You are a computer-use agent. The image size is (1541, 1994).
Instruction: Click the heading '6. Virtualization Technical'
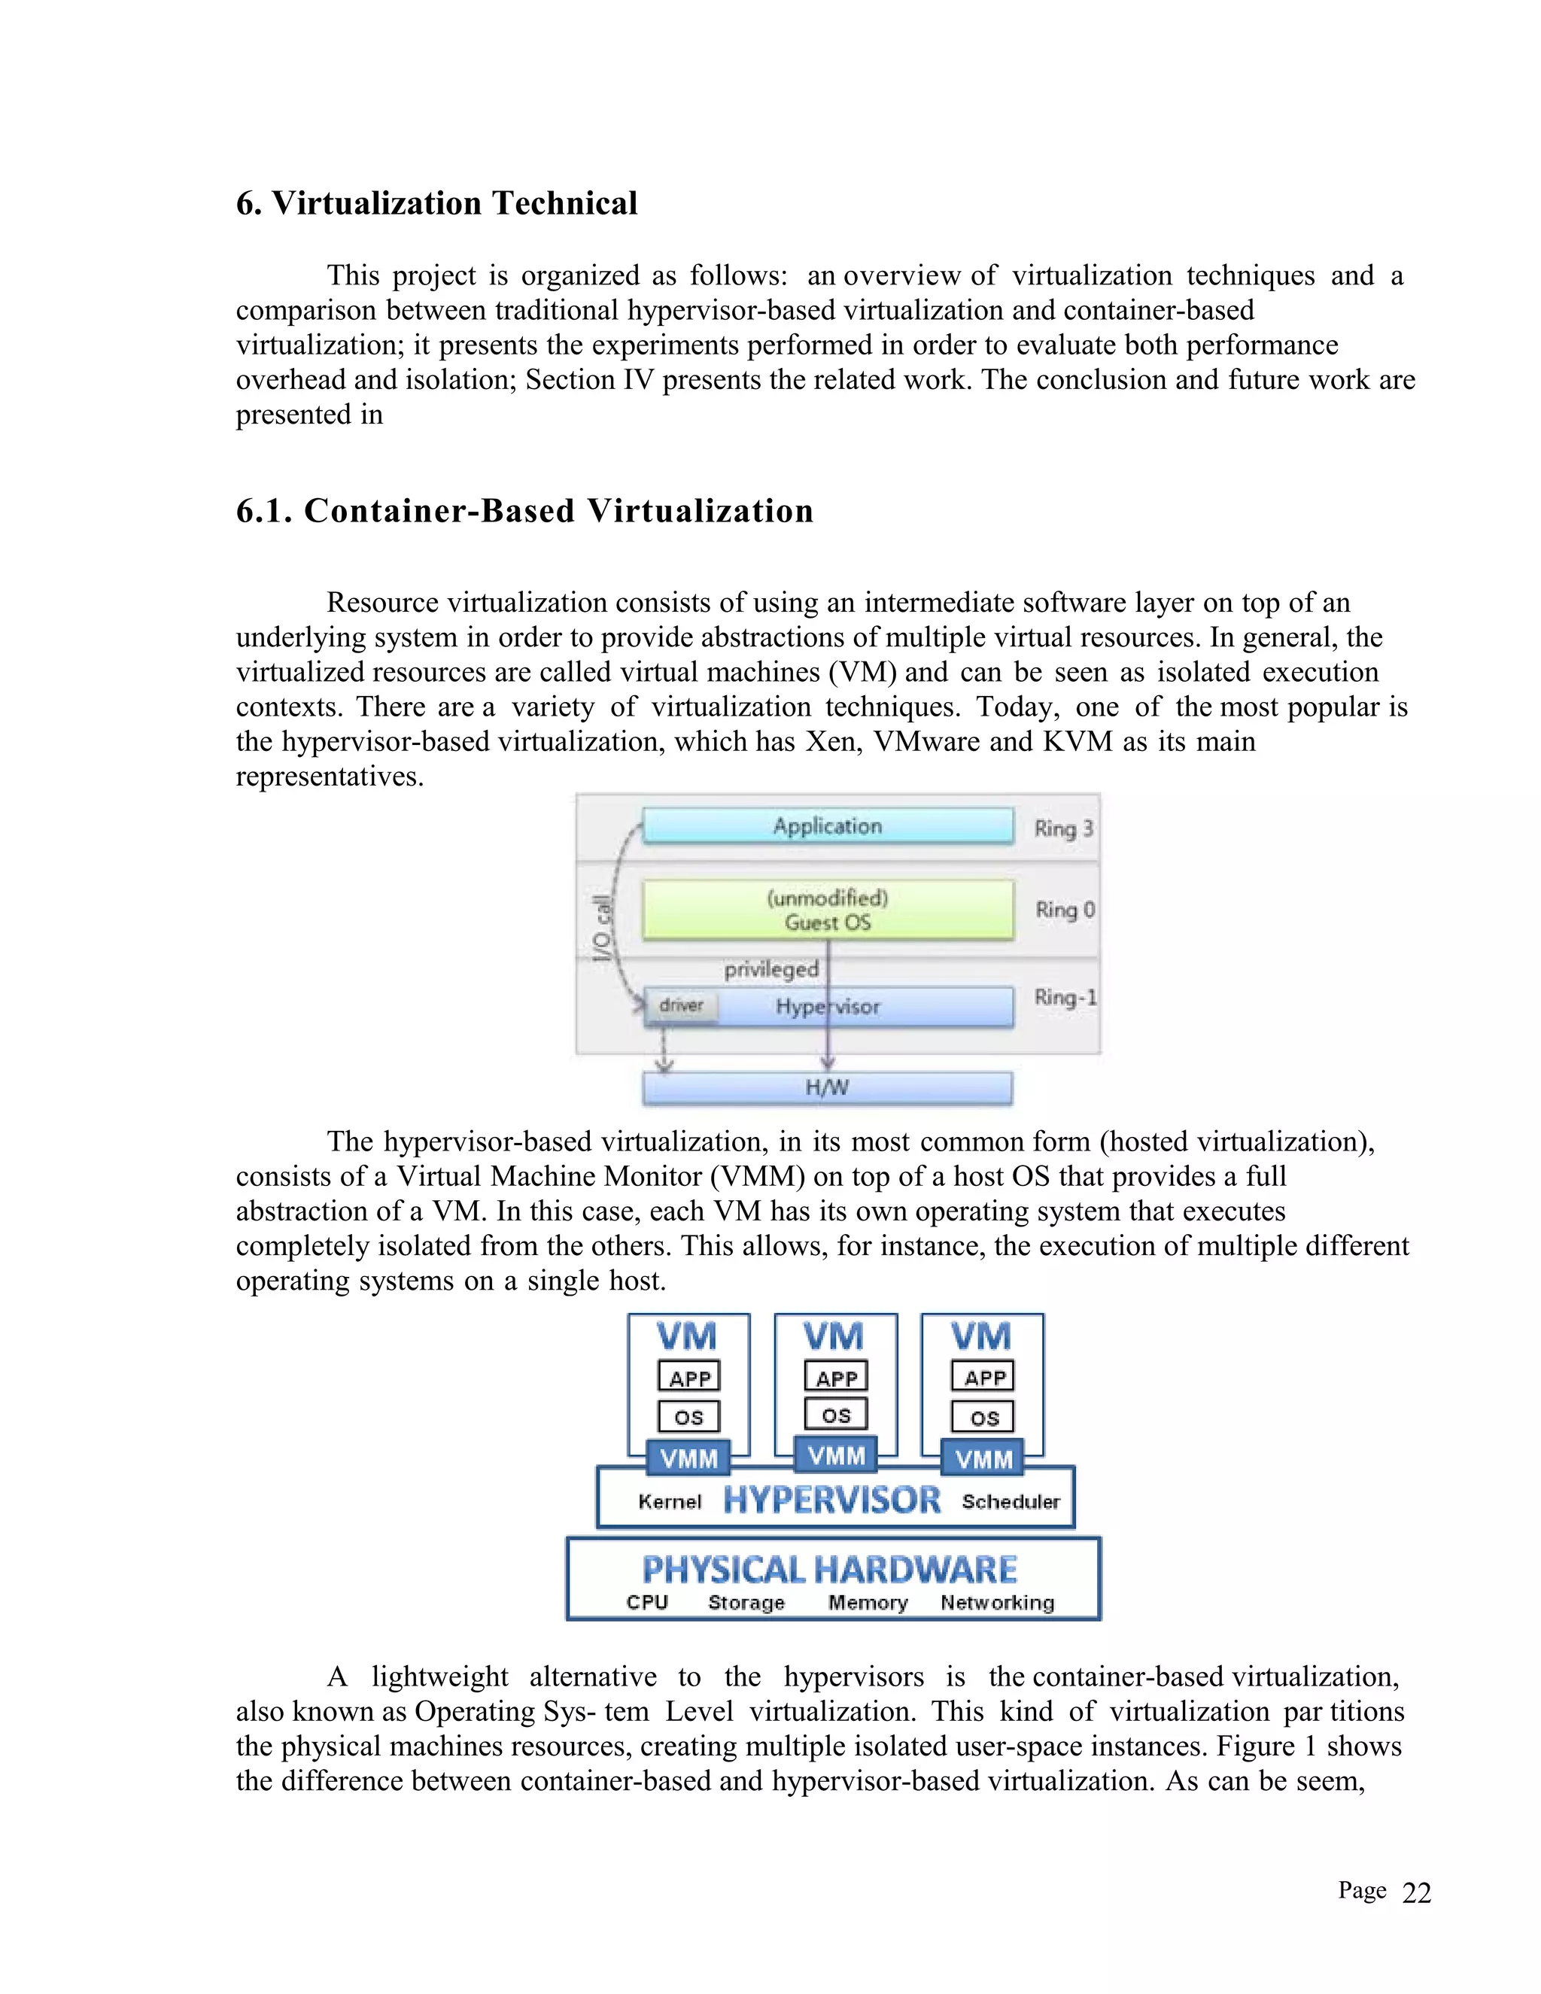coord(436,202)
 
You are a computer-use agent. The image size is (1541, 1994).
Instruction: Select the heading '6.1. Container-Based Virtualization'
coord(524,510)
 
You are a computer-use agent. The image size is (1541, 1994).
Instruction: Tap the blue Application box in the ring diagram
coord(827,825)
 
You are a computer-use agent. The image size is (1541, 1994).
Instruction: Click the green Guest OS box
coord(827,910)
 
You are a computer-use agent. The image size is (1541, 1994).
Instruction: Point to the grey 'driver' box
coord(681,1005)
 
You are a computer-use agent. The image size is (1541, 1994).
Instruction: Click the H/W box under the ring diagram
coord(827,1087)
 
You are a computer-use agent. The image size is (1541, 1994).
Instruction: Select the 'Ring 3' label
coord(1062,828)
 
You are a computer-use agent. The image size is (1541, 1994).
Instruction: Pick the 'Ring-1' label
coord(1065,997)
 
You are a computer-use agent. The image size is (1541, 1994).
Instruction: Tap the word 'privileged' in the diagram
coord(771,968)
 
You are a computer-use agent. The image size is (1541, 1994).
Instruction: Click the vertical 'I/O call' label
coord(602,928)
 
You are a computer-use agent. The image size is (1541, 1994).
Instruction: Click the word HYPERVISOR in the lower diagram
coord(831,1500)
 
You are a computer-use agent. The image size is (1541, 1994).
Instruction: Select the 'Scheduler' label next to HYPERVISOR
coord(1011,1502)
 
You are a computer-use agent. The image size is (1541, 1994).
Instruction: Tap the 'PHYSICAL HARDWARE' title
coord(829,1570)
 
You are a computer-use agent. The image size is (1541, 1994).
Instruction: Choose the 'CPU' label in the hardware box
coord(647,1602)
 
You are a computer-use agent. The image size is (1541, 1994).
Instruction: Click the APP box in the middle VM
coord(836,1378)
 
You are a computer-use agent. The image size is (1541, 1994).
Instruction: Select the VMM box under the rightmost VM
coord(983,1459)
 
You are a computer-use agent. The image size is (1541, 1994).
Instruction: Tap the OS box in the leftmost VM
coord(688,1417)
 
